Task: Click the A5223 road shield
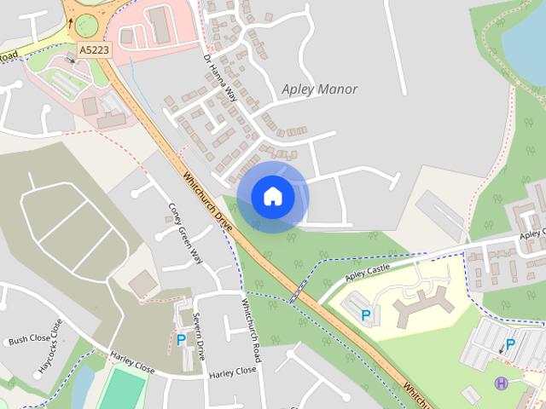pyautogui.click(x=93, y=51)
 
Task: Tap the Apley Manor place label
pyautogui.click(x=319, y=89)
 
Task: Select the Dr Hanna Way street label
pyautogui.click(x=219, y=78)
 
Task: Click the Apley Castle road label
pyautogui.click(x=368, y=273)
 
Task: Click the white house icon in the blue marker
pyautogui.click(x=273, y=197)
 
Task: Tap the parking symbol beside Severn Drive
pyautogui.click(x=181, y=340)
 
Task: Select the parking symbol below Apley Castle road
pyautogui.click(x=366, y=315)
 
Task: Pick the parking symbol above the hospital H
pyautogui.click(x=510, y=345)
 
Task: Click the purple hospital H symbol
pyautogui.click(x=502, y=383)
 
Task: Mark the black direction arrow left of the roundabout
pyautogui.click(x=69, y=22)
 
